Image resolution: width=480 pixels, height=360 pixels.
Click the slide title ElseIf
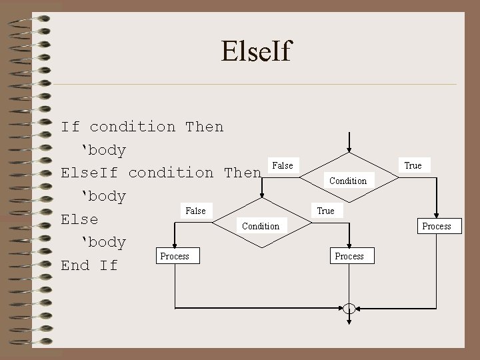[257, 50]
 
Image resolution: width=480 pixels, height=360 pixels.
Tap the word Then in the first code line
[205, 127]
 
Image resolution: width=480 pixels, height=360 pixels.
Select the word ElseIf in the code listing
[89, 173]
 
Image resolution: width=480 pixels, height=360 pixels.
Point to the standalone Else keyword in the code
[79, 219]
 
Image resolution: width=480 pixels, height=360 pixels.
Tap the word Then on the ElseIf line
[243, 173]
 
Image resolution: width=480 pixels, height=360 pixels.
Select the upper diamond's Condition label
[348, 181]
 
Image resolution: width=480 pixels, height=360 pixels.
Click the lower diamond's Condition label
[261, 226]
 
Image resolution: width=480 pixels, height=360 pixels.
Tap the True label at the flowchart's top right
[413, 165]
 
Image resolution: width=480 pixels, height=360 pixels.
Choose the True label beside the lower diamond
[326, 211]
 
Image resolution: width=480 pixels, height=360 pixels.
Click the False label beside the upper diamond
[283, 165]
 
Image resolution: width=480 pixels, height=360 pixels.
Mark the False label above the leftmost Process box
[195, 211]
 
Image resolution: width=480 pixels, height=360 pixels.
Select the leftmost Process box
[175, 256]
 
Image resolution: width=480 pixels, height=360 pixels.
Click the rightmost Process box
[437, 226]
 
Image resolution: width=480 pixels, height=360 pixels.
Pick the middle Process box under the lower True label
[349, 256]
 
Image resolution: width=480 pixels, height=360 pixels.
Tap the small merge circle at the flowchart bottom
[349, 308]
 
